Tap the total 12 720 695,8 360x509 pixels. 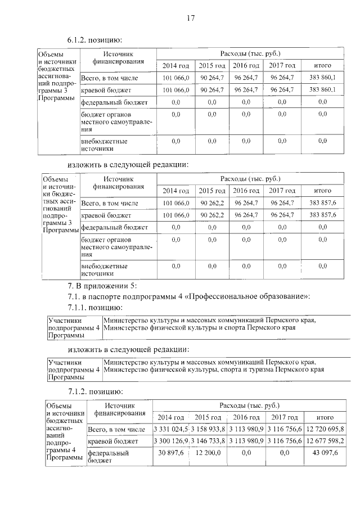point(322,429)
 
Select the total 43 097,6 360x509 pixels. point(322,453)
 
